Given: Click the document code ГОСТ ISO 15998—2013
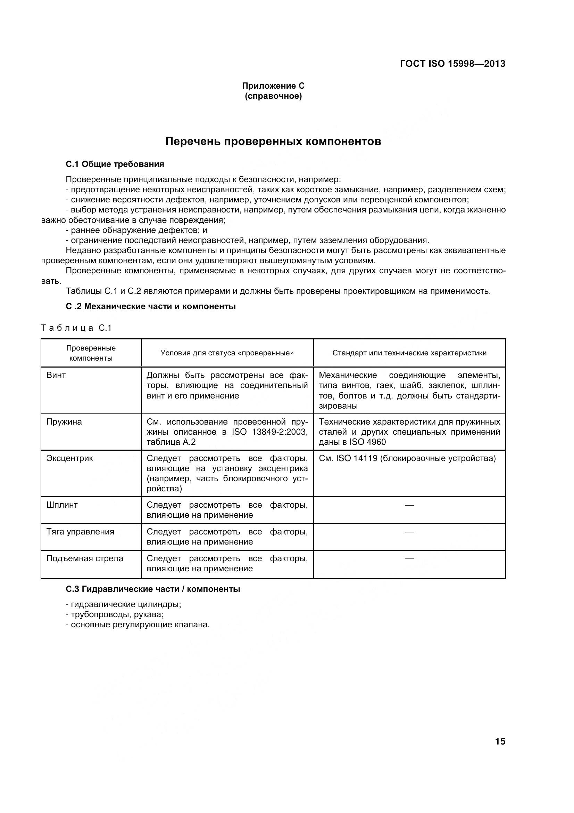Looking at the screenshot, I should pos(452,64).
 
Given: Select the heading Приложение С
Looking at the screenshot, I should pos(273,86).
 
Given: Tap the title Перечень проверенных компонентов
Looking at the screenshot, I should pos(273,142).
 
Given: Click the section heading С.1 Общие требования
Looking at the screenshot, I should pos(115,164).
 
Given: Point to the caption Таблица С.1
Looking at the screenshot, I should pos(76,328).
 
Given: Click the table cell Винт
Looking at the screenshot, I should pos(56,375).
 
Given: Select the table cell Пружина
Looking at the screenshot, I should pos(64,422).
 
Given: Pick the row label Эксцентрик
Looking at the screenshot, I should pos(70,458).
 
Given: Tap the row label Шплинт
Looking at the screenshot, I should pos(62,505).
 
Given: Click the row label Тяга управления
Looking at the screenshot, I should pos(80,531).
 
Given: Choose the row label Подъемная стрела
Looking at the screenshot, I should pos(85,558).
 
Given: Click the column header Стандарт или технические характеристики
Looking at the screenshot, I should pos(409,353).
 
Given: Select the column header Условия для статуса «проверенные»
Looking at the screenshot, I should pos(227,353).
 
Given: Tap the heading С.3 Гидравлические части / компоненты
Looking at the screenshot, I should pos(153,589).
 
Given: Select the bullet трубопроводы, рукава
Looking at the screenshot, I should pos(117,614).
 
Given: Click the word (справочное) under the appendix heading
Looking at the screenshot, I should pos(273,96).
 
